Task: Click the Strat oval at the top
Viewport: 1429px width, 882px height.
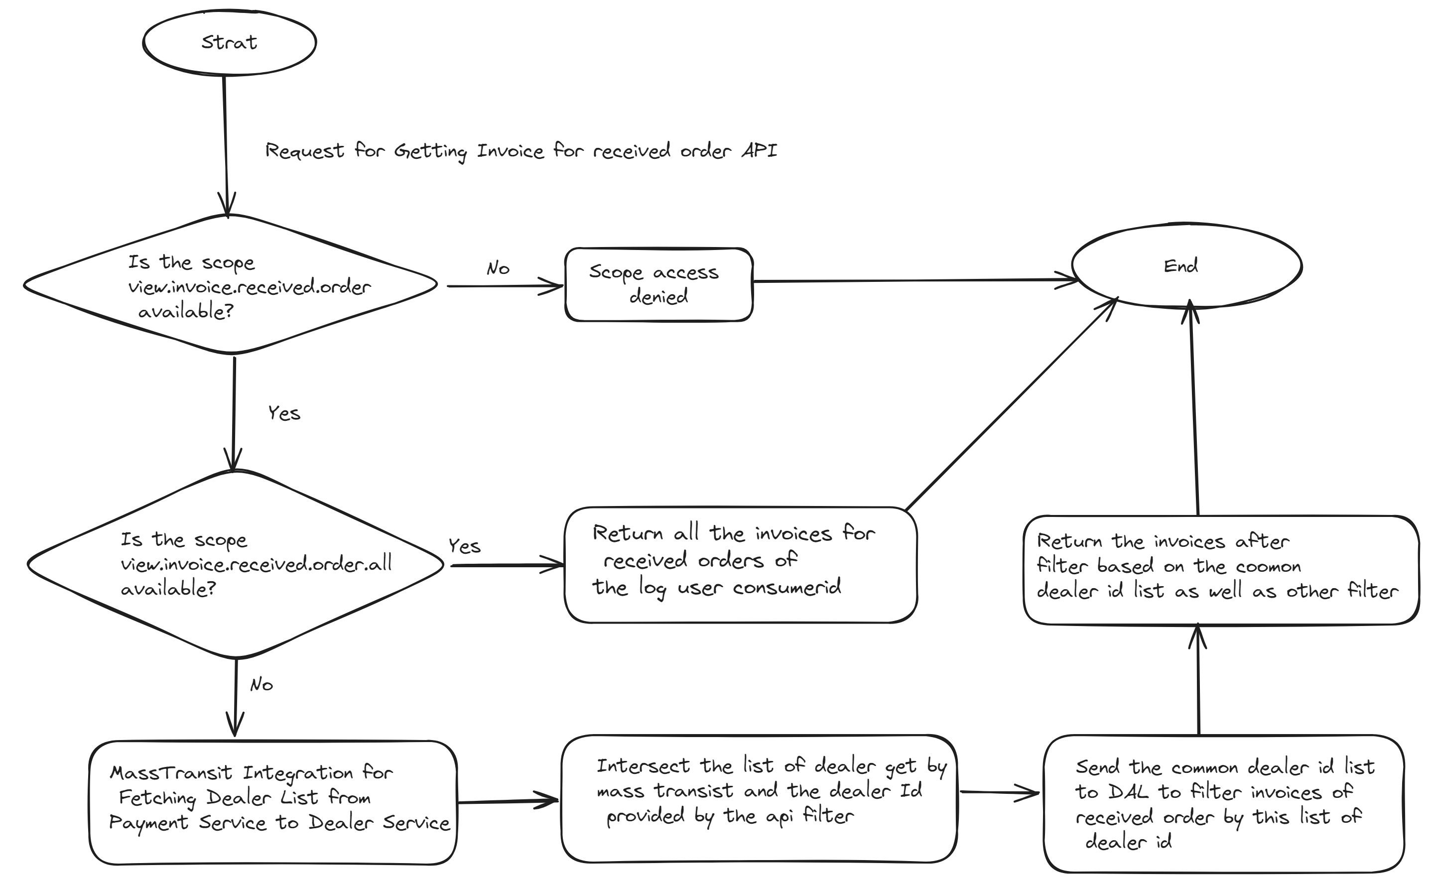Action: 229,43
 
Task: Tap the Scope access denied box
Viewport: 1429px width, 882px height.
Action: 658,285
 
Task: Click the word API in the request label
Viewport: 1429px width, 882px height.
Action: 760,150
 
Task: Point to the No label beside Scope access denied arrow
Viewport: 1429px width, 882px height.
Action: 498,268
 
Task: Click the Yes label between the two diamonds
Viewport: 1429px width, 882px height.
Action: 284,413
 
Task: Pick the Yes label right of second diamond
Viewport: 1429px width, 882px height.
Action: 464,546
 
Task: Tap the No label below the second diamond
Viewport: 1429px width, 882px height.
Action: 261,684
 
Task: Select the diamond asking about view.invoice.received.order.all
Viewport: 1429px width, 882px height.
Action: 235,565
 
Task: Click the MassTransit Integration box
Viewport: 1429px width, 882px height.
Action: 273,803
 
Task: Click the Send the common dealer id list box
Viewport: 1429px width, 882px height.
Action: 1223,803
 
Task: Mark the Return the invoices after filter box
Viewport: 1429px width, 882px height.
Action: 1221,569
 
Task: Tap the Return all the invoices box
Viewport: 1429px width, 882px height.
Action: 740,564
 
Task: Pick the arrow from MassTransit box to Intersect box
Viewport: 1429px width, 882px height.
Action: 508,801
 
